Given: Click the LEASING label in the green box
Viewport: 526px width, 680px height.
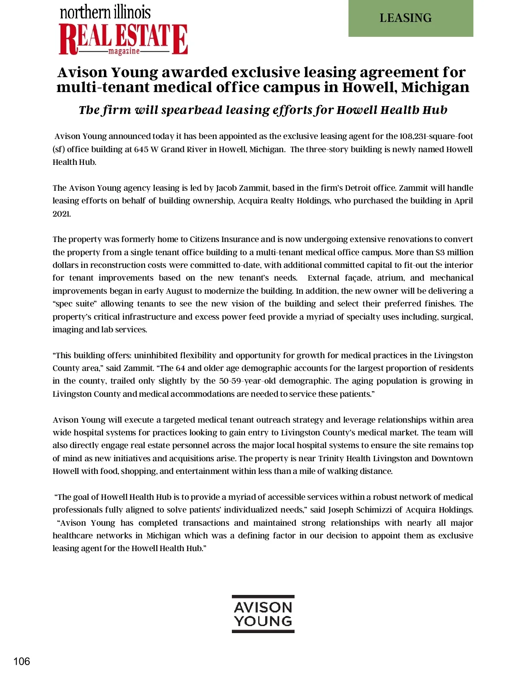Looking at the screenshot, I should (405, 18).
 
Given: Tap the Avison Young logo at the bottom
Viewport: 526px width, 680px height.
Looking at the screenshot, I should (263, 614).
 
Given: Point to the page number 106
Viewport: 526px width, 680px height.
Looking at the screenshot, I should (21, 661).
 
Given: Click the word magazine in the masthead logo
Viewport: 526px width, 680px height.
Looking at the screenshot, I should (124, 51).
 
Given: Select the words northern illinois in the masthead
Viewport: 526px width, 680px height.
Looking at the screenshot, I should (105, 12).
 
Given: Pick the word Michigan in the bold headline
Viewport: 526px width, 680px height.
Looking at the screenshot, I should (435, 87).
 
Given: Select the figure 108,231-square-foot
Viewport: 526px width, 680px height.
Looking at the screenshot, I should (436, 136).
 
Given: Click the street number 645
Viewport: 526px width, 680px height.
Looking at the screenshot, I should (141, 150).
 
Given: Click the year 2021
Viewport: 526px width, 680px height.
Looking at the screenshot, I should (61, 214).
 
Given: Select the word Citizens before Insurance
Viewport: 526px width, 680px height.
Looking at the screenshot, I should (204, 239).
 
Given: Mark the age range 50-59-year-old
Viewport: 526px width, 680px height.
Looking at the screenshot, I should (248, 381).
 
